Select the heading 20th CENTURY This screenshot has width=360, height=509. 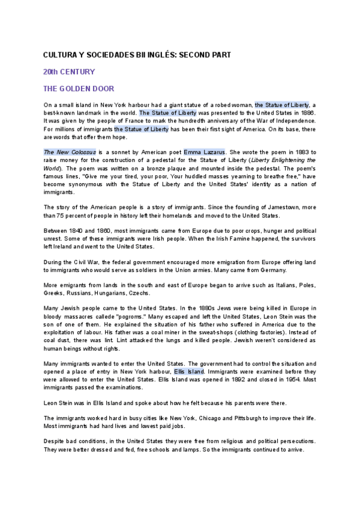point(69,71)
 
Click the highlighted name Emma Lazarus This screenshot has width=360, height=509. point(204,152)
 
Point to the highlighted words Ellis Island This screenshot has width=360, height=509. point(189,372)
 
